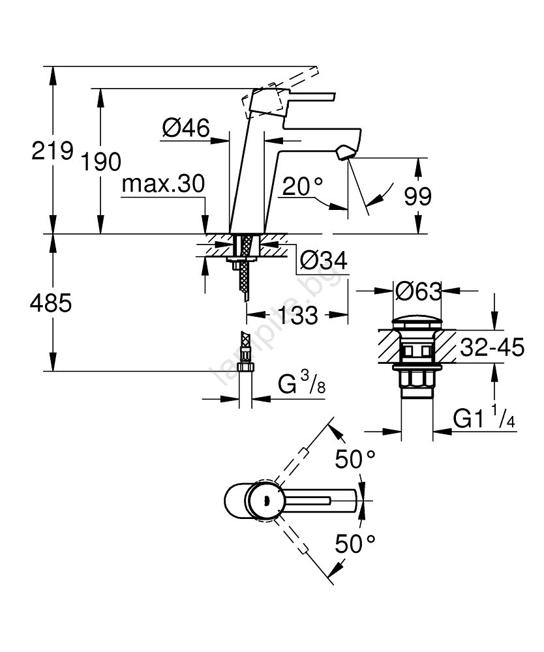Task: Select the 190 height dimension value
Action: (x=101, y=161)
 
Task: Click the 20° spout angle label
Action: (x=303, y=187)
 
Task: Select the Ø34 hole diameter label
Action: (x=323, y=261)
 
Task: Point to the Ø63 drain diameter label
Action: (x=418, y=291)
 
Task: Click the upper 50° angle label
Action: (x=355, y=459)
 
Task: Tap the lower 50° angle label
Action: (x=355, y=542)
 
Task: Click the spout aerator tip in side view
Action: (x=344, y=155)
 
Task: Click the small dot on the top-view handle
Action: (x=265, y=501)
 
